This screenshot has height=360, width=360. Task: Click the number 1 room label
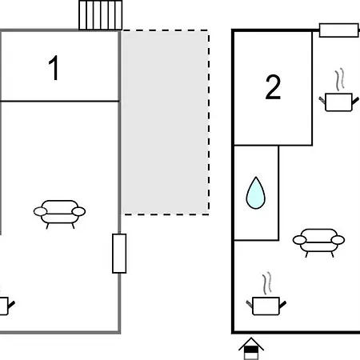(x=54, y=68)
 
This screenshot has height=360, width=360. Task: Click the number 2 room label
(x=273, y=87)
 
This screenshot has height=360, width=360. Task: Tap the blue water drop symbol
(x=256, y=193)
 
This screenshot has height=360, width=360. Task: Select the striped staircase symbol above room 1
(x=101, y=15)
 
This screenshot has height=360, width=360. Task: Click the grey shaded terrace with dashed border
(x=165, y=122)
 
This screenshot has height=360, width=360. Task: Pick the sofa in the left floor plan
(x=59, y=214)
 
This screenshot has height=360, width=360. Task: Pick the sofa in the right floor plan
(x=319, y=242)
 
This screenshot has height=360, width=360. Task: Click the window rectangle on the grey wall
(x=119, y=254)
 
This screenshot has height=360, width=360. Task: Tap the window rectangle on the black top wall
(x=338, y=30)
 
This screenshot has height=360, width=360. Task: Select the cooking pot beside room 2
(x=339, y=102)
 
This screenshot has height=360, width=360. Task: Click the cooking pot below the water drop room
(x=266, y=306)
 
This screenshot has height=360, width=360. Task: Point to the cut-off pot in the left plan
(x=6, y=306)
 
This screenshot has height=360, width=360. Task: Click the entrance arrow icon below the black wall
(x=251, y=349)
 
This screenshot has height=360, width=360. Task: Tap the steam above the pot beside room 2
(x=339, y=79)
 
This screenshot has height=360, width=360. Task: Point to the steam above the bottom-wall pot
(x=266, y=283)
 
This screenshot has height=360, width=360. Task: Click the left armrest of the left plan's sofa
(x=40, y=212)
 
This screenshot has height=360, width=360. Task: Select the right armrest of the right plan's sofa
(x=338, y=240)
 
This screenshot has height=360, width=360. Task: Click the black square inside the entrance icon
(x=251, y=350)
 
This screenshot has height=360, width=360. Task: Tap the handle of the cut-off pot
(x=11, y=304)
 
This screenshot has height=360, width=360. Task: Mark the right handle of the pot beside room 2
(x=355, y=101)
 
